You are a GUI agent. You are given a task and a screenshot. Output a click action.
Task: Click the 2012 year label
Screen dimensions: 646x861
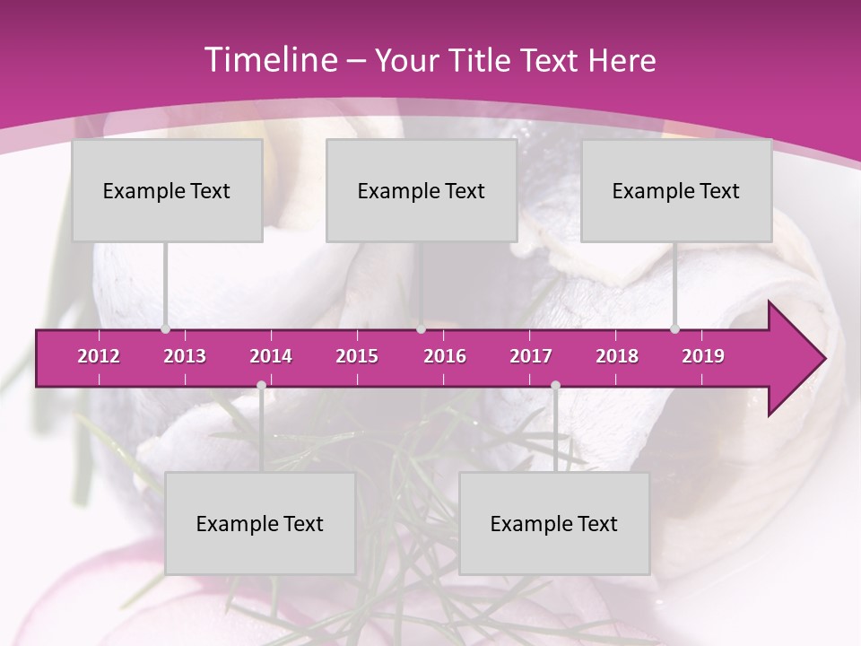(x=99, y=356)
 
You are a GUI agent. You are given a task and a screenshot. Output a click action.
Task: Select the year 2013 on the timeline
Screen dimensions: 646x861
(x=185, y=356)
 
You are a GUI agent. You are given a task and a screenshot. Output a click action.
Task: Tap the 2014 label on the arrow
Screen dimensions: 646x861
(x=271, y=356)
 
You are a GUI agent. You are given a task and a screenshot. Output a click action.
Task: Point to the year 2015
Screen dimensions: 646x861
(x=357, y=356)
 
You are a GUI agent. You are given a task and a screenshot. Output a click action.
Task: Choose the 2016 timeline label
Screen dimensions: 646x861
(x=445, y=356)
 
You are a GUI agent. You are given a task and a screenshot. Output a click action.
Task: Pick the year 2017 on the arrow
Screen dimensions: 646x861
(x=531, y=356)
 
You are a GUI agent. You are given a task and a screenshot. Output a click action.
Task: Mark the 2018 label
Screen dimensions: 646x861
(x=617, y=356)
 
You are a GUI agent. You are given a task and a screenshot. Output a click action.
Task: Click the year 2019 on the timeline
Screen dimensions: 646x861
(x=703, y=356)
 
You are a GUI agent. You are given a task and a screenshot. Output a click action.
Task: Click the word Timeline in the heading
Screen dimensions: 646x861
(x=269, y=60)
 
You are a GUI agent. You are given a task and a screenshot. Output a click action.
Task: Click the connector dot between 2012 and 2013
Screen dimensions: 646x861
(x=165, y=329)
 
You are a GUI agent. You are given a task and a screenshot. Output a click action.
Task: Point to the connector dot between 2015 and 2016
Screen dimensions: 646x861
(x=421, y=329)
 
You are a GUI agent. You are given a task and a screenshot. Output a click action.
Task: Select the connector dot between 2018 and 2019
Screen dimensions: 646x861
(x=674, y=329)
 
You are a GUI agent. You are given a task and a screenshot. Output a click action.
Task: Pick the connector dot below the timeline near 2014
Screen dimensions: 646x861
(x=261, y=386)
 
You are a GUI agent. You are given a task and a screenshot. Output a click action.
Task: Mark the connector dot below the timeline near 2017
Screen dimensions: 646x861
(x=555, y=386)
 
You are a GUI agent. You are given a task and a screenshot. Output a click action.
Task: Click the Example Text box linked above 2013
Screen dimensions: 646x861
(x=167, y=190)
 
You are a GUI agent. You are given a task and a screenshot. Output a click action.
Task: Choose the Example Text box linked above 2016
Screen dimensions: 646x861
(x=422, y=190)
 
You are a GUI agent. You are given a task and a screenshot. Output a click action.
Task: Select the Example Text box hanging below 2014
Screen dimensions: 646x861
(x=260, y=523)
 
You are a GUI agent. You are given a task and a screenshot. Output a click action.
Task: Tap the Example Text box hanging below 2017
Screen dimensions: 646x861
(x=554, y=523)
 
